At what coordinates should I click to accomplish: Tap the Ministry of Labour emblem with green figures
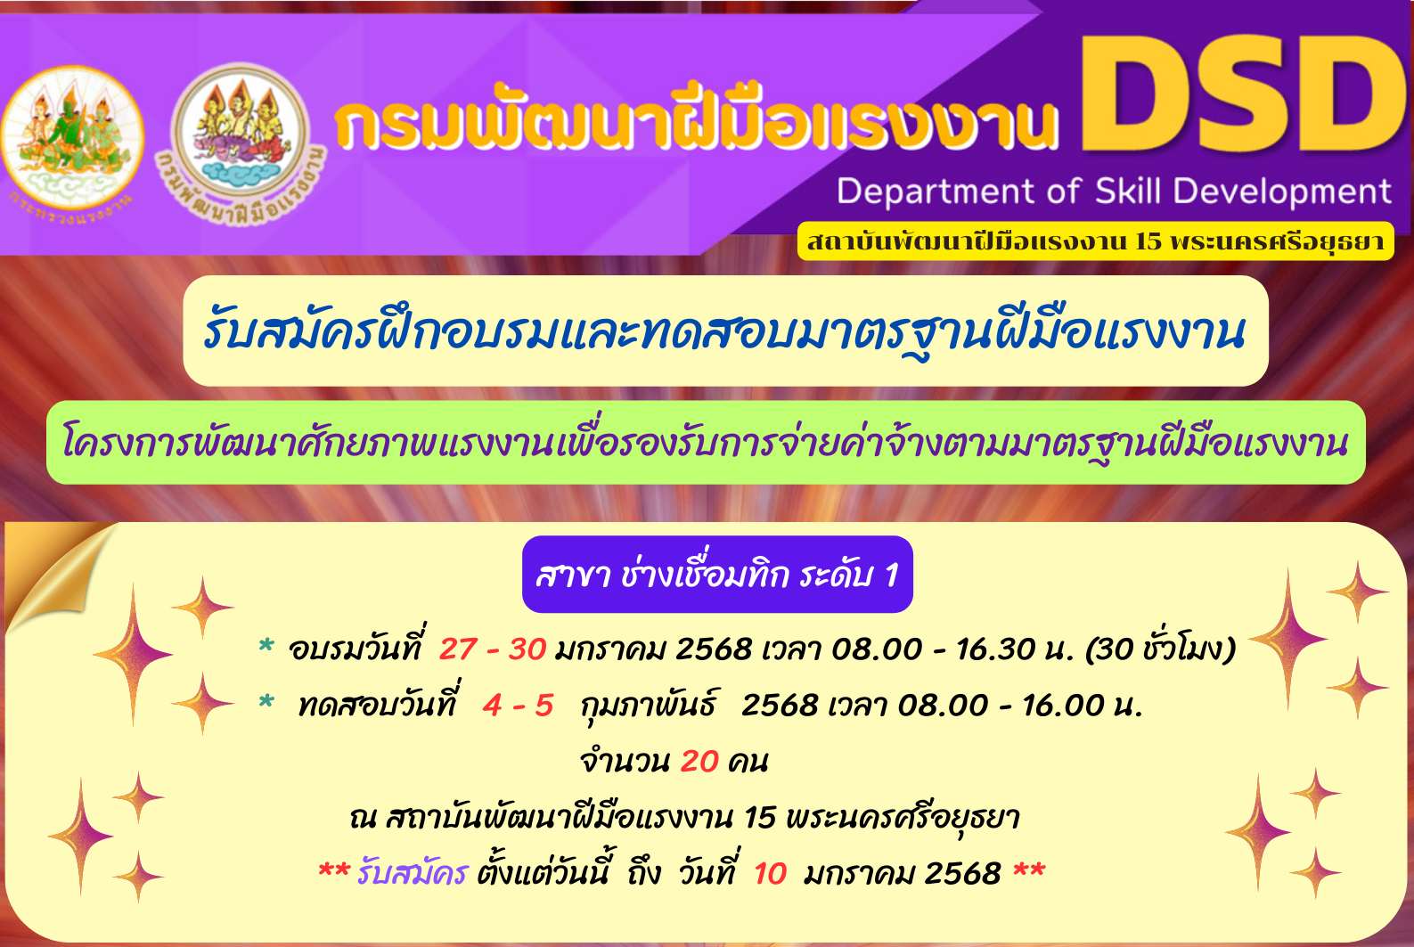click(x=72, y=139)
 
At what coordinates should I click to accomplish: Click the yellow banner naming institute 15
click(x=1095, y=241)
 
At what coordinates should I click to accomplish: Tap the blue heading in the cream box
click(x=724, y=331)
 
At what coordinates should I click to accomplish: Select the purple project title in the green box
click(x=705, y=443)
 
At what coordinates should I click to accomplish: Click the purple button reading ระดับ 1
click(x=717, y=574)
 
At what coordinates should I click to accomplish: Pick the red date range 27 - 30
click(x=493, y=649)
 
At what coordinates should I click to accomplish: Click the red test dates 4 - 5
click(x=518, y=706)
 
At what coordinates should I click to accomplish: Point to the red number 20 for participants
click(x=699, y=762)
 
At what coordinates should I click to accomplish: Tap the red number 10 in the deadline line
click(x=770, y=874)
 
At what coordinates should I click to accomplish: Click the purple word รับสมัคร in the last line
click(x=412, y=873)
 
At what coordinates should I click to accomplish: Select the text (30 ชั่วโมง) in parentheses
click(x=1160, y=649)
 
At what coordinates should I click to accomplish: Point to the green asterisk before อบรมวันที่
click(x=266, y=646)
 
